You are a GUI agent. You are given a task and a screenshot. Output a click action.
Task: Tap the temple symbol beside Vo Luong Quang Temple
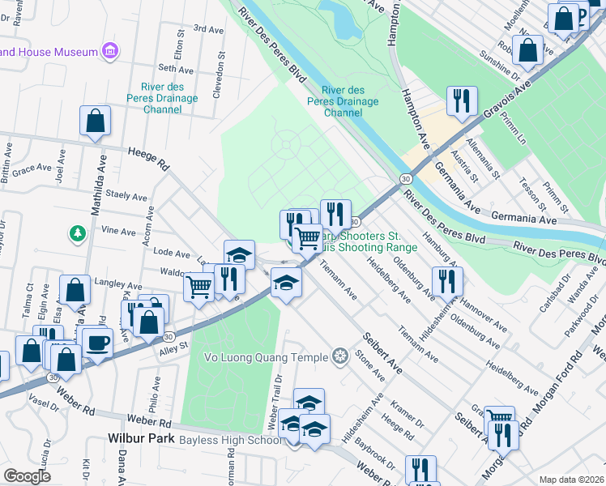pos(339,356)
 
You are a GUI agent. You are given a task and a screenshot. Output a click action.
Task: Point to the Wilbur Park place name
pos(142,438)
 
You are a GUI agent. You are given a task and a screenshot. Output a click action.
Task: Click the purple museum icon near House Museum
pos(110,53)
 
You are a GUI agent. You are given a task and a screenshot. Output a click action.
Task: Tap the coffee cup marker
pos(96,343)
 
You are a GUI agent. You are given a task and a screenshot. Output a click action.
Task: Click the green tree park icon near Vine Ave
pos(78,233)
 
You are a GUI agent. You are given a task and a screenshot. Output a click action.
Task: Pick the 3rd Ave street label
pos(209,29)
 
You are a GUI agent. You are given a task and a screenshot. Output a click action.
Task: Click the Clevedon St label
pos(219,78)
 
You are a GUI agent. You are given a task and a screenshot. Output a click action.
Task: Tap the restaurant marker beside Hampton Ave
pos(461,101)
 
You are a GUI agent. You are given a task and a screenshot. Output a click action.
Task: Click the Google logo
pos(28,476)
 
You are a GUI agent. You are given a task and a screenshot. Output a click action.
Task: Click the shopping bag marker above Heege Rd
pos(95,121)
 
